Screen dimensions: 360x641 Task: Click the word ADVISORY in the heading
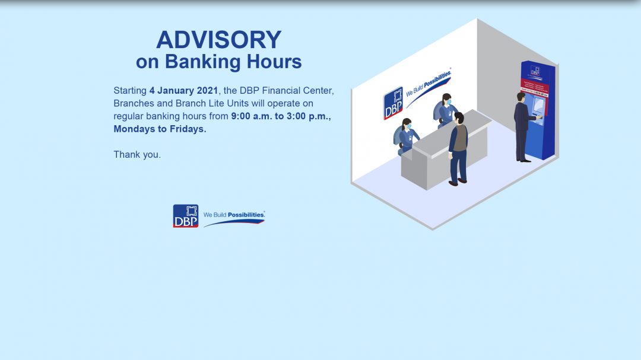point(218,40)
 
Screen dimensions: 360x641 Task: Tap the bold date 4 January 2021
point(183,91)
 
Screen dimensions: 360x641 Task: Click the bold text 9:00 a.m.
point(251,116)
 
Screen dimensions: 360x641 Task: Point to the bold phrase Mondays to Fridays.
point(160,129)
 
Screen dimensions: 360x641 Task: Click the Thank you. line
point(137,155)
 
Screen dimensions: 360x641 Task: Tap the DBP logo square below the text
point(185,216)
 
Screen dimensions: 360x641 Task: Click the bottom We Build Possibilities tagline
point(234,215)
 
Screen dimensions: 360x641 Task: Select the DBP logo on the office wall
point(393,103)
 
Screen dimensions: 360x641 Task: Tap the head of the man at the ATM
point(521,97)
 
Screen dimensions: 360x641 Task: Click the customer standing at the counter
point(458,148)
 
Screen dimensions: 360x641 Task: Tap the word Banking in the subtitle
point(202,62)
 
